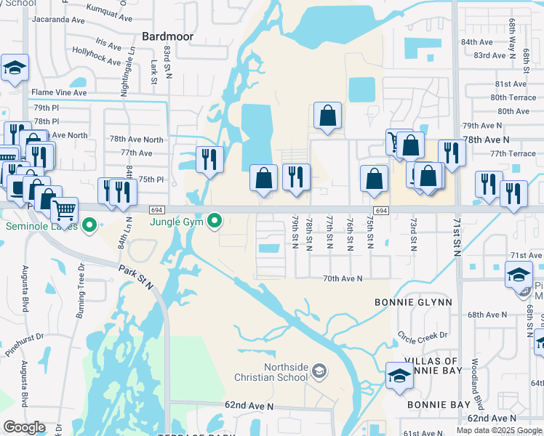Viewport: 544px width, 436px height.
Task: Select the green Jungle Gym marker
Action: tap(214, 220)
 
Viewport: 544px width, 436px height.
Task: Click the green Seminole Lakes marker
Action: tap(89, 225)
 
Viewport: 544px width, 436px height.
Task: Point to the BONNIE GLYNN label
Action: tap(413, 302)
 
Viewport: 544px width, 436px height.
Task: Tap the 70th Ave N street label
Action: tap(342, 278)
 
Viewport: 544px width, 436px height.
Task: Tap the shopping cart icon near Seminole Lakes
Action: tap(65, 211)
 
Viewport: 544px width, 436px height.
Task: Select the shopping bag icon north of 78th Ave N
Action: tap(327, 115)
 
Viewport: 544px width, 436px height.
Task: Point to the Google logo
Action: tap(24, 427)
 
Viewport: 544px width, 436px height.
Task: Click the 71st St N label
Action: tap(458, 237)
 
